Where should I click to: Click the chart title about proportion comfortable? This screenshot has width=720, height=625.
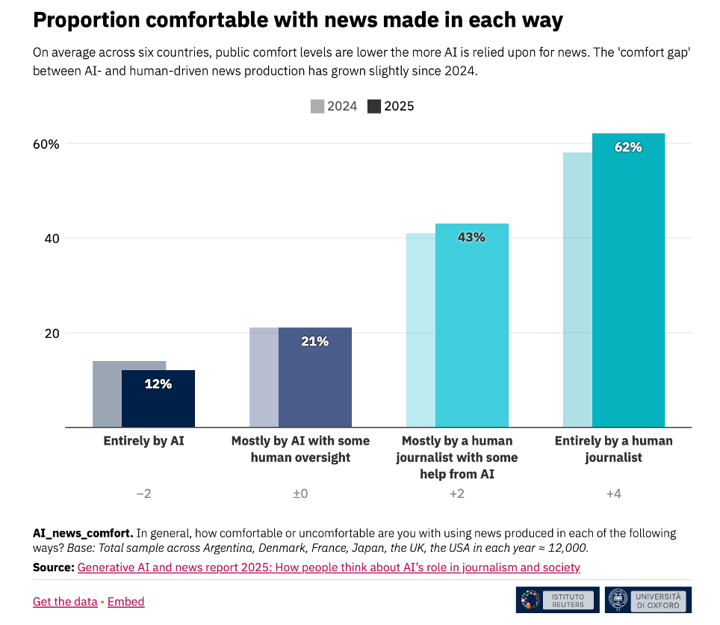tap(297, 20)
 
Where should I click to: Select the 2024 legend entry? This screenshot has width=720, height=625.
tap(334, 106)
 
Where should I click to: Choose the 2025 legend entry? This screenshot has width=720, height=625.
tap(391, 106)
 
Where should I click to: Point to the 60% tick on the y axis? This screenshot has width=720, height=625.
tap(44, 144)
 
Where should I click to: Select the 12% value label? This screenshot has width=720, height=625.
tap(158, 384)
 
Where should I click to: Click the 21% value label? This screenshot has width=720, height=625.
tap(314, 342)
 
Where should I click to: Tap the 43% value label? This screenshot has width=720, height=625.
tap(471, 238)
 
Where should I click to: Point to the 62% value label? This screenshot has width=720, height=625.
tap(627, 147)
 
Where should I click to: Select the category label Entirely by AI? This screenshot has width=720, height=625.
tap(143, 441)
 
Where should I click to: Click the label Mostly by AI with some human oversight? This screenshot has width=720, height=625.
tap(300, 449)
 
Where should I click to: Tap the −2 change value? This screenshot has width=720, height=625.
tap(143, 494)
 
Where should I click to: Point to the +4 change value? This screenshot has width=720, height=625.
tap(613, 494)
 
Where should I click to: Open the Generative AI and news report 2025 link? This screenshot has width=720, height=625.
tap(329, 567)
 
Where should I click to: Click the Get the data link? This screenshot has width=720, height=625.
tap(65, 602)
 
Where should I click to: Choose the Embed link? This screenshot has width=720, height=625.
tap(125, 602)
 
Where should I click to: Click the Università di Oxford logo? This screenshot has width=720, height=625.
tap(648, 600)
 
